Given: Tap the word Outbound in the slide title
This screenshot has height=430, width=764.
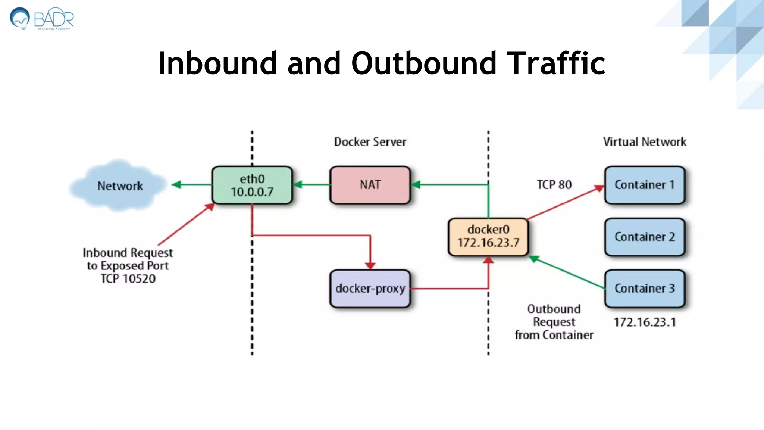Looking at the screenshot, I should click(x=423, y=63).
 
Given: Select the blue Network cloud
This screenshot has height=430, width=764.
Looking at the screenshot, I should click(x=119, y=186).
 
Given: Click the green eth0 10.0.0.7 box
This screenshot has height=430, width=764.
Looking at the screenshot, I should click(x=252, y=185).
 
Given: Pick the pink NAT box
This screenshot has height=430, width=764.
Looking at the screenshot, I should click(x=370, y=185).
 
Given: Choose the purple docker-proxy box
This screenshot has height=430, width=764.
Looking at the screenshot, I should click(x=370, y=289).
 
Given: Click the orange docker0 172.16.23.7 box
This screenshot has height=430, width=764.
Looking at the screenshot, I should click(x=488, y=237).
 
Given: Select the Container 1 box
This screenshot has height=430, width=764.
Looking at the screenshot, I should click(x=644, y=185).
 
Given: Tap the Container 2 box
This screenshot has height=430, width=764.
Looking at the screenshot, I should click(x=644, y=237).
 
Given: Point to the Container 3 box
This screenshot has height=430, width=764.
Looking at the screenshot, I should click(x=644, y=288).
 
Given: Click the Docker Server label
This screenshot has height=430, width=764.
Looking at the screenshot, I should click(x=370, y=142).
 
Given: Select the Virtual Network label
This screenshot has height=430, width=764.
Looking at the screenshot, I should click(x=644, y=142).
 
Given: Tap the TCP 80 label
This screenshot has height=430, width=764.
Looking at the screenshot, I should click(x=554, y=184).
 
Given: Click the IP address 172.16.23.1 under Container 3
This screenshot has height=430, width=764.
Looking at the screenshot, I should click(x=645, y=322).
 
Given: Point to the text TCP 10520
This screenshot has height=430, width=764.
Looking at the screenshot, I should click(x=128, y=278).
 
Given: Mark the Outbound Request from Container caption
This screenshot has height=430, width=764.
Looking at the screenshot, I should click(x=554, y=322).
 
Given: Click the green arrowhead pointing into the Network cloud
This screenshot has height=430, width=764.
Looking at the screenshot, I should click(x=176, y=184).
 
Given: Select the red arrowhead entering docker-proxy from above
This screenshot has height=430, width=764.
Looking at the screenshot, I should click(x=370, y=265).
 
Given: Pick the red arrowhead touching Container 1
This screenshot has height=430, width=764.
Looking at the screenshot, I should click(x=599, y=188).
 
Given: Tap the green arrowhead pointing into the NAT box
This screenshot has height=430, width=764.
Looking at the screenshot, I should click(x=416, y=184).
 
